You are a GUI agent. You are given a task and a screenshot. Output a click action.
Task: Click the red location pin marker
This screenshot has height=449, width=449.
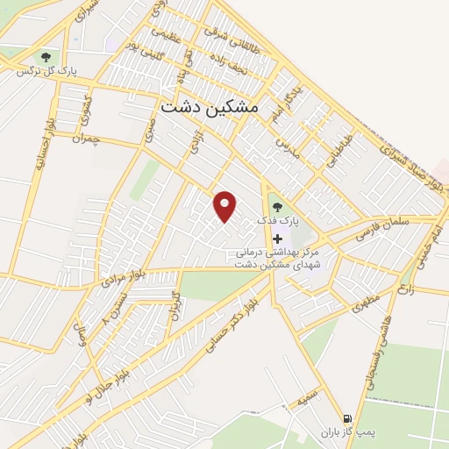226,206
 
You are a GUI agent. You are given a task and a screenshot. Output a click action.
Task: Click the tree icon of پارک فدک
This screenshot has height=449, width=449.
277,208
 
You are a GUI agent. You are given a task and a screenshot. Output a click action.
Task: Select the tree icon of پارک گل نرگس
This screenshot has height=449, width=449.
46,58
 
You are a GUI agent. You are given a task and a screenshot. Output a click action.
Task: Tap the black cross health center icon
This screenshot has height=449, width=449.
278,238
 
